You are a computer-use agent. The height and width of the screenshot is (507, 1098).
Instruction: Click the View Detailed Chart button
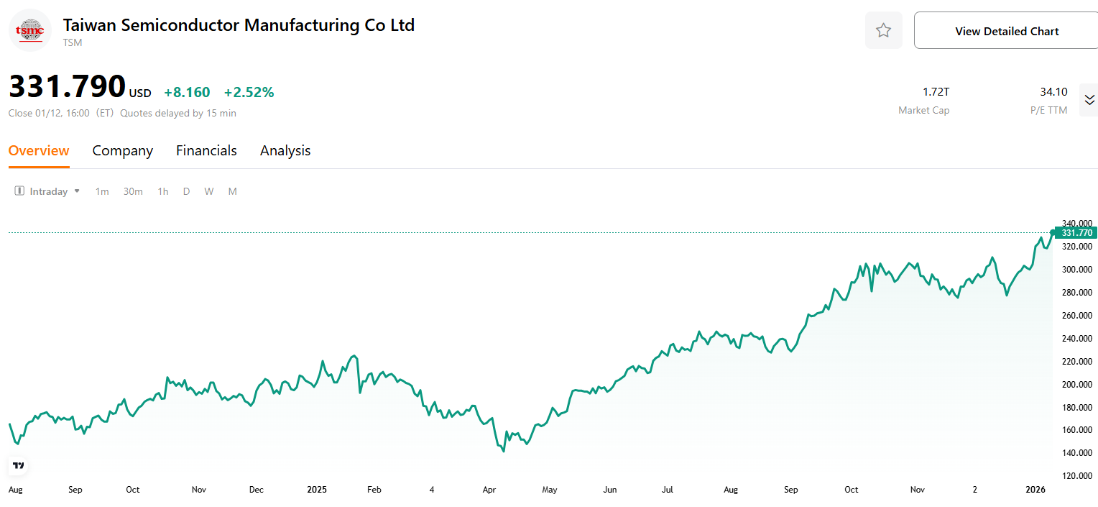[x=1006, y=31]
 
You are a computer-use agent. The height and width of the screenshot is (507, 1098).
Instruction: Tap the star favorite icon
[x=883, y=30]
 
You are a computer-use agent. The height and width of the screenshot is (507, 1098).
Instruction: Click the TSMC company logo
[x=30, y=30]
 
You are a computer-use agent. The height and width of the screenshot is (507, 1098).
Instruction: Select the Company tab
[x=123, y=150]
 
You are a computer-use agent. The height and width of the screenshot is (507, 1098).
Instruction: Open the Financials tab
[x=206, y=150]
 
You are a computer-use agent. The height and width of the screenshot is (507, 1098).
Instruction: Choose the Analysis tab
[x=285, y=150]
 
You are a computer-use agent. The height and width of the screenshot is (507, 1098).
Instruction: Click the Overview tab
[x=39, y=150]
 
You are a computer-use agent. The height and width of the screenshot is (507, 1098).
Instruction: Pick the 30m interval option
[x=133, y=191]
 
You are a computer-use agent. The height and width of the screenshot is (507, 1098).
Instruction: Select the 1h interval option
[x=163, y=191]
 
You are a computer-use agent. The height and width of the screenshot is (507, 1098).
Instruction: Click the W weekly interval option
[x=208, y=191]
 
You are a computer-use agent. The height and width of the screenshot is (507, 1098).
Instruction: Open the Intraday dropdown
[x=48, y=191]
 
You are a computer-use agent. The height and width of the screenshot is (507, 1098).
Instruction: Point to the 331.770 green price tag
[x=1076, y=233]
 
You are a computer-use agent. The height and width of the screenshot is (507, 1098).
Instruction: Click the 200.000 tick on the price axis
[x=1076, y=384]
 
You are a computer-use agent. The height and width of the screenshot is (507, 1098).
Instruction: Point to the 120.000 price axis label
[x=1076, y=476]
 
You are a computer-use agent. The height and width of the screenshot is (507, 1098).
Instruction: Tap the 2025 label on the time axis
[x=317, y=490]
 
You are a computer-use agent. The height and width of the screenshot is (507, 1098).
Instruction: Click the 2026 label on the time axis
[x=1035, y=490]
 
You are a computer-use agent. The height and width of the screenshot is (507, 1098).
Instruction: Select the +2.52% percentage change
[x=249, y=92]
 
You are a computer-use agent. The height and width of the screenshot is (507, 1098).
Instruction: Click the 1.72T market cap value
[x=936, y=92]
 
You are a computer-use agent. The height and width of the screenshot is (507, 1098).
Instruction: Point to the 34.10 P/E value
[x=1053, y=92]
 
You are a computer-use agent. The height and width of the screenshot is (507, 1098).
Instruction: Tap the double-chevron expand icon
[x=1089, y=100]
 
